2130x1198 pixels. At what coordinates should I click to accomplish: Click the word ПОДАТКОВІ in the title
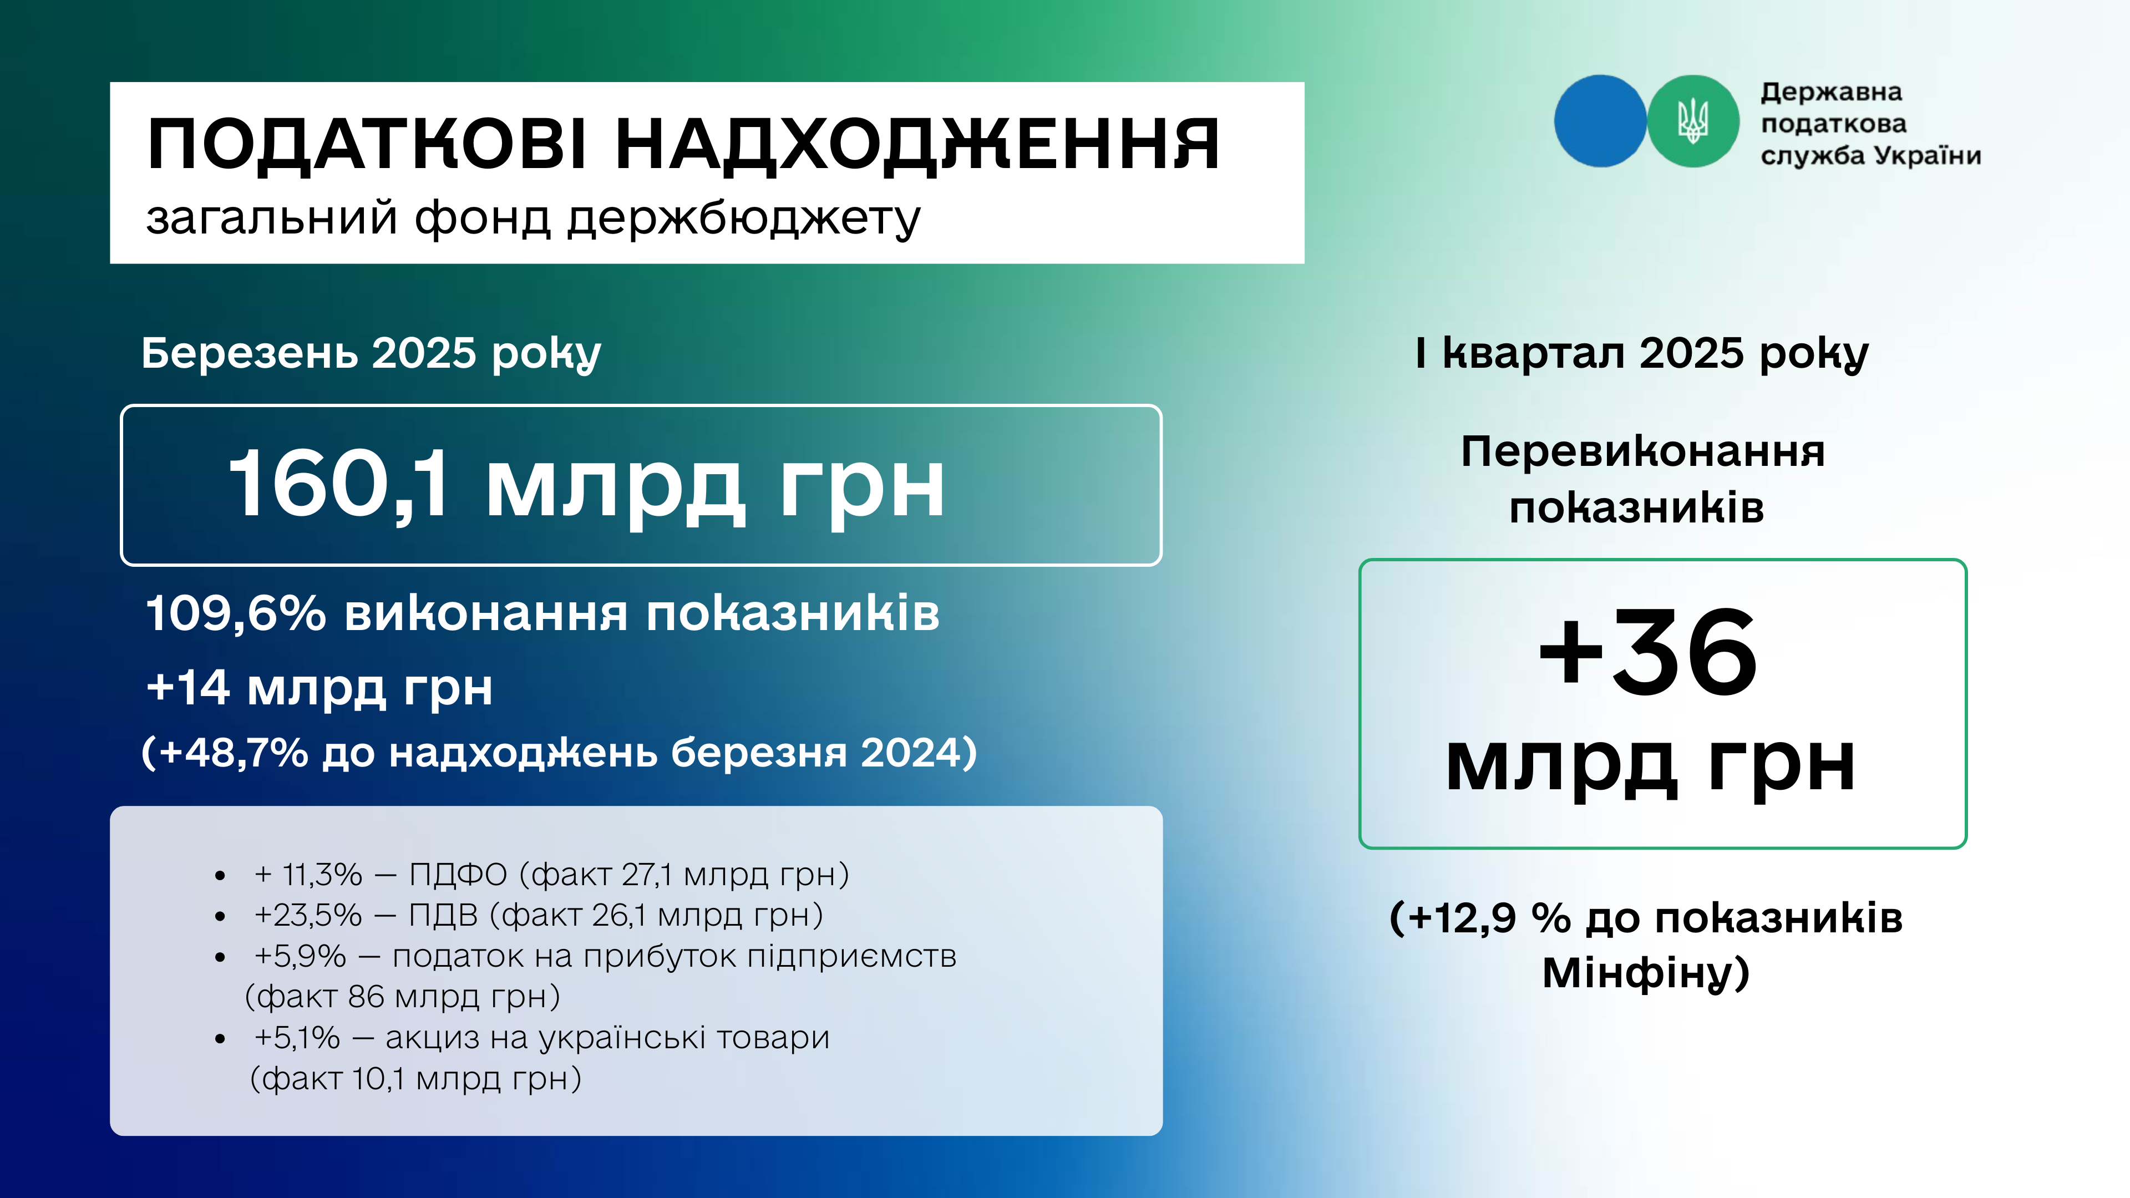(x=367, y=145)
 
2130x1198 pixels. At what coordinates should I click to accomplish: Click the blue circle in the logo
(x=1599, y=121)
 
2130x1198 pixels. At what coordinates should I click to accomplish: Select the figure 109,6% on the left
(x=236, y=613)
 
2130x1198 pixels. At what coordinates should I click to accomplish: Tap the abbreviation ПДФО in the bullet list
(x=458, y=874)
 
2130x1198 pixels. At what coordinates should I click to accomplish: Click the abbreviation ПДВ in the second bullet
(x=443, y=915)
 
